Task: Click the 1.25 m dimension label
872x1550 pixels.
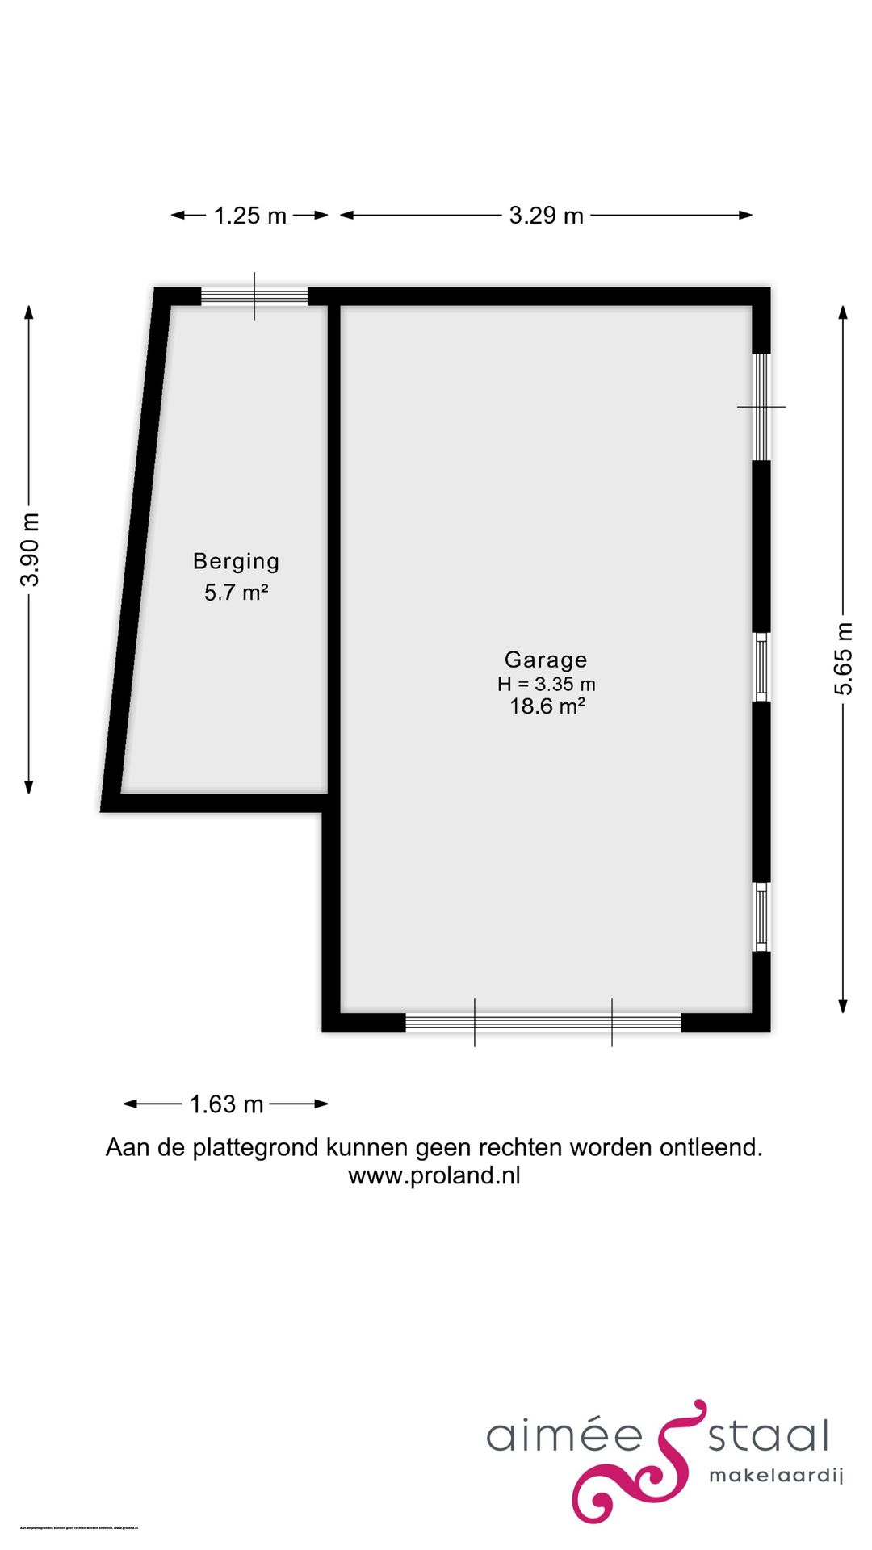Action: tap(249, 216)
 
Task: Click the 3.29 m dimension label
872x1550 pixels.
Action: tap(546, 216)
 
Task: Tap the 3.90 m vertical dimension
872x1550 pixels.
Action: tap(31, 549)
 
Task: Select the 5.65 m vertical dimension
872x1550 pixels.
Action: tap(843, 659)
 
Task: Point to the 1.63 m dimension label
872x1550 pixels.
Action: tap(226, 1104)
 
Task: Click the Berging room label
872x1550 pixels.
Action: tap(236, 561)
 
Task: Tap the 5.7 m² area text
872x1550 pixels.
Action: tap(236, 593)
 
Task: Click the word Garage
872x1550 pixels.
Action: tap(546, 660)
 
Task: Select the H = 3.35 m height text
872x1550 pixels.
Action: tap(546, 684)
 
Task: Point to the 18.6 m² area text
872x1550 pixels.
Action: tap(547, 706)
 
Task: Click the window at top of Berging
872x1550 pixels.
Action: tap(254, 296)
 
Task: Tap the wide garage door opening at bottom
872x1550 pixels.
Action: tap(543, 1022)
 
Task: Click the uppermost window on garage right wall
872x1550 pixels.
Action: tap(761, 406)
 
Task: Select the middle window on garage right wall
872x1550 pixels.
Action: tap(761, 667)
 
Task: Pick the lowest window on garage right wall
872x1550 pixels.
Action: tap(761, 916)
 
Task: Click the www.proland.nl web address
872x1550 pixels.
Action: tap(434, 1175)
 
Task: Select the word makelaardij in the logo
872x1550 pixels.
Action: tap(775, 1476)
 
